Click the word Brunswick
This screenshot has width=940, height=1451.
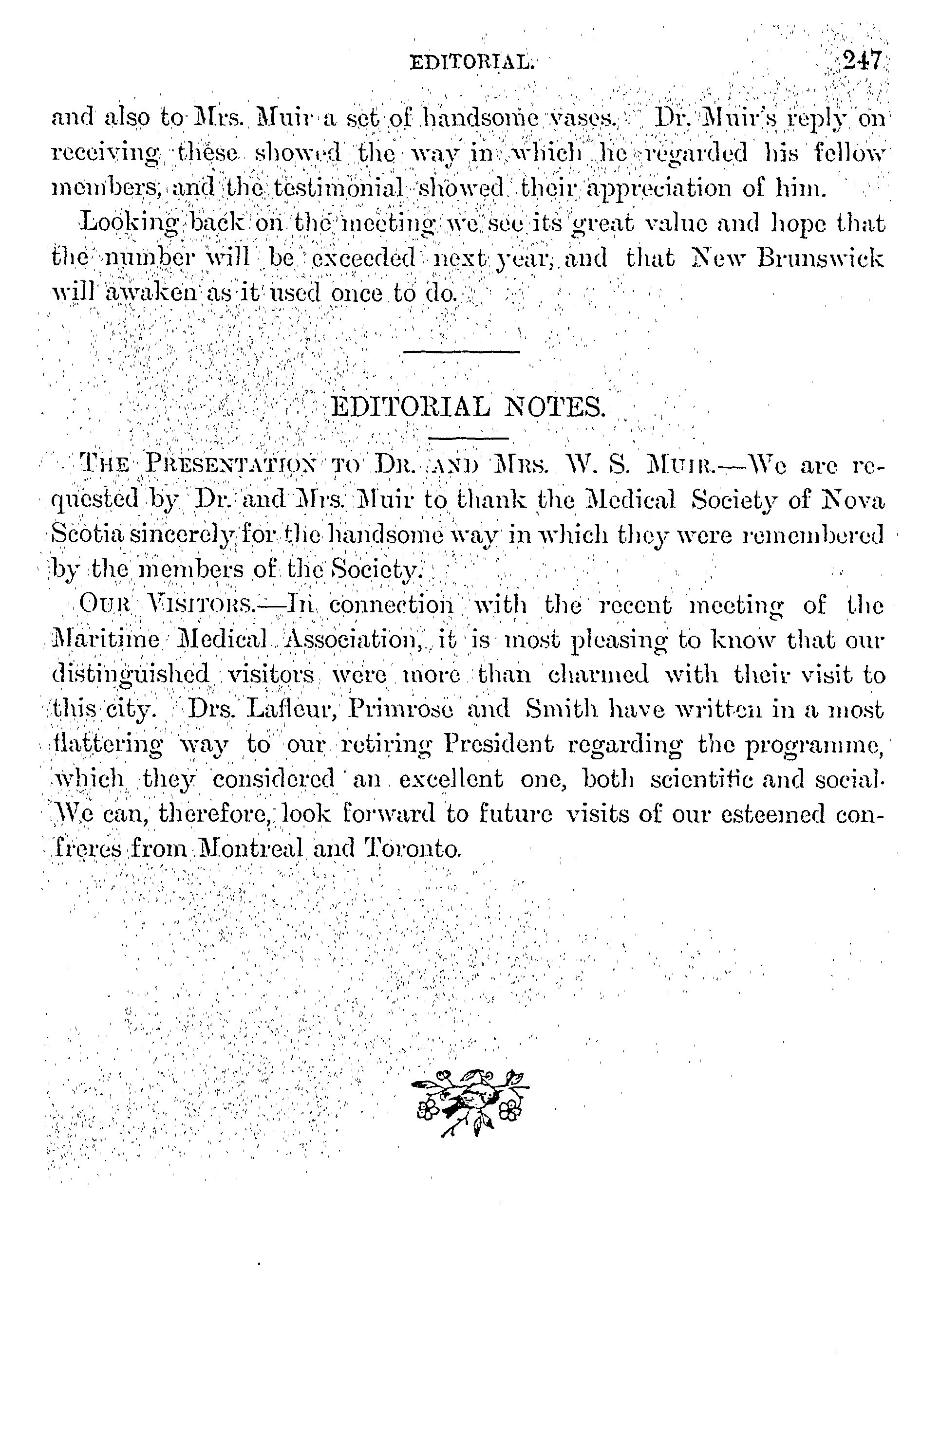pos(820,258)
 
